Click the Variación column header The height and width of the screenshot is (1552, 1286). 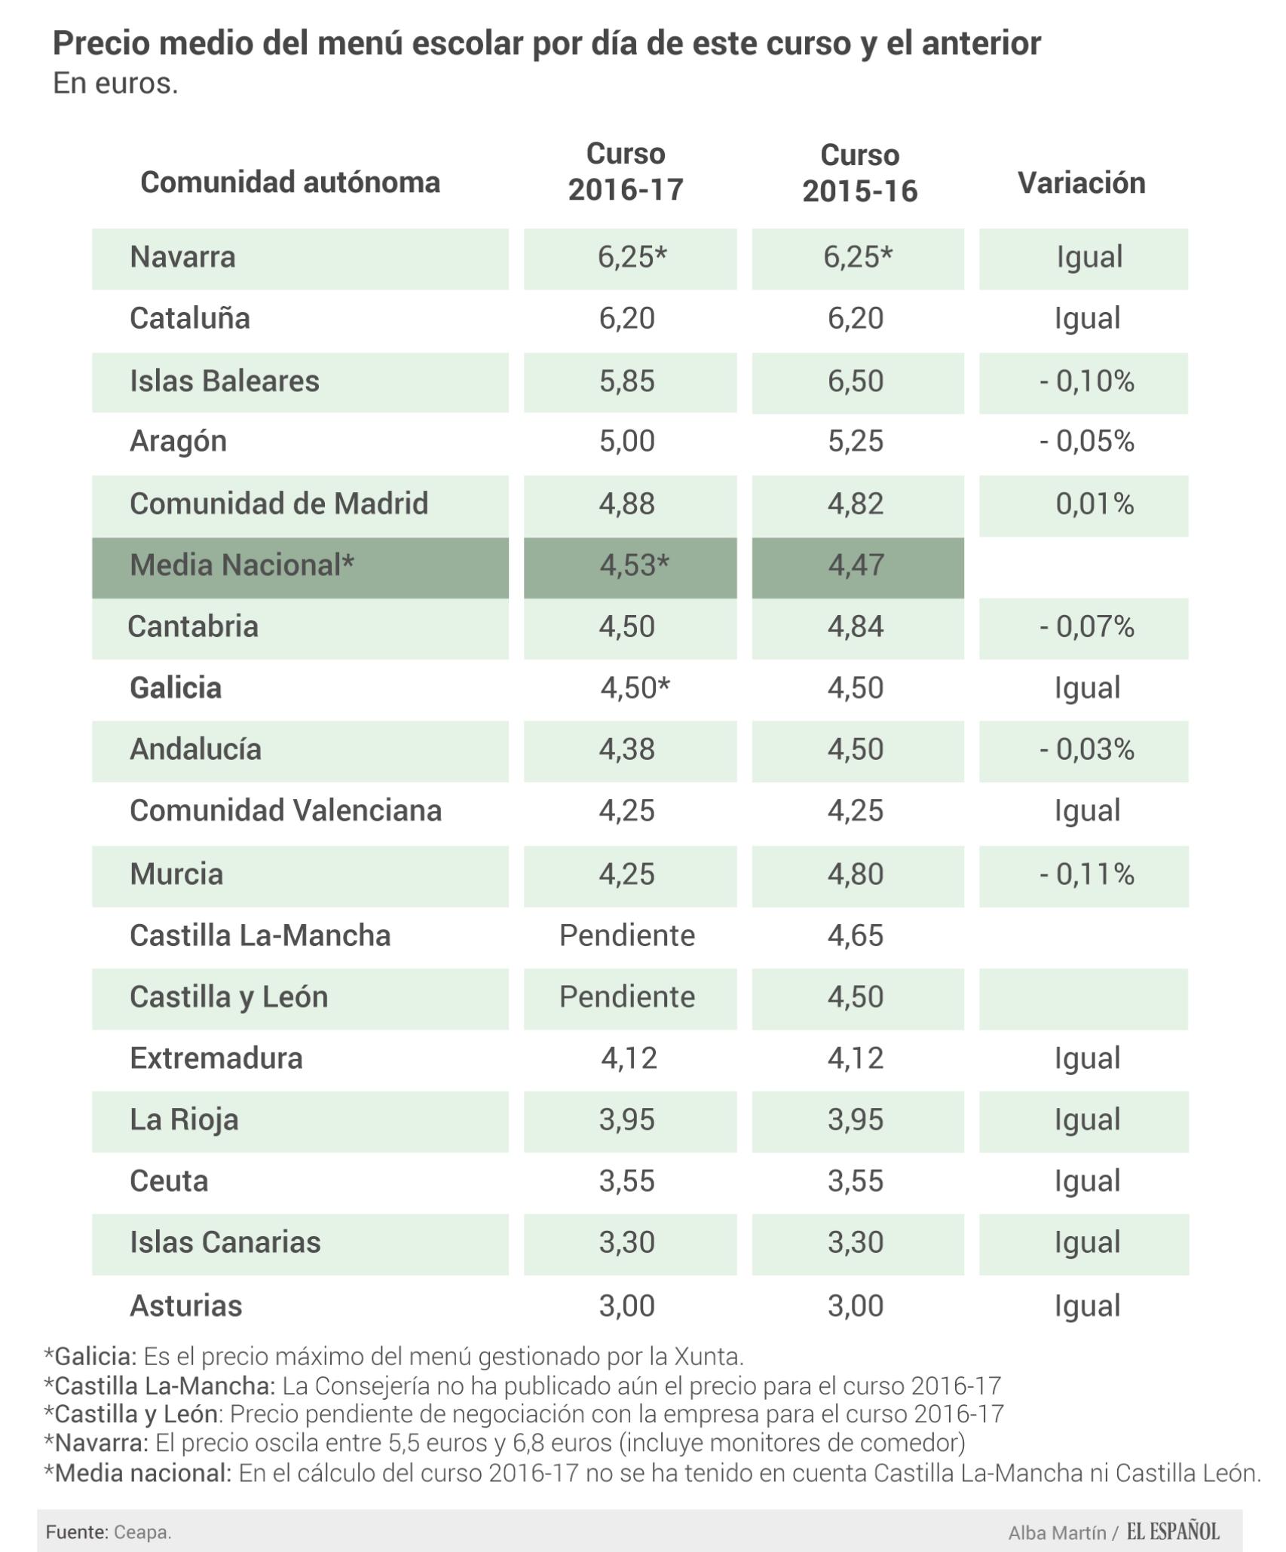tap(1081, 183)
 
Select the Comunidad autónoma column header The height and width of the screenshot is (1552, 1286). tap(290, 182)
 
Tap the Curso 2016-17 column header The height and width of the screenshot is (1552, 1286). tap(626, 172)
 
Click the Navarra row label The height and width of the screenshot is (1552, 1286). tap(182, 257)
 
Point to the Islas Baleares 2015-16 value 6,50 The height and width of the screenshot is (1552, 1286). tap(856, 381)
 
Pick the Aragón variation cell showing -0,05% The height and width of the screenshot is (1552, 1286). tap(1086, 441)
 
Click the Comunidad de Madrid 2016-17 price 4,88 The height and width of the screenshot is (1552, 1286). tap(627, 504)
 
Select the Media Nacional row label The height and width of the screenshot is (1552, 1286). tap(241, 565)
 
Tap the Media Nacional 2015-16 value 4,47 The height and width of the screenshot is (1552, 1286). tap(856, 565)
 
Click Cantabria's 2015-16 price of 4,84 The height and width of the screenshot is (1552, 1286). tap(856, 626)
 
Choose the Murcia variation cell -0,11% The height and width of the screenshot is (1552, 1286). tap(1086, 874)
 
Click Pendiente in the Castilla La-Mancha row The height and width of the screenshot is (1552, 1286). tap(627, 935)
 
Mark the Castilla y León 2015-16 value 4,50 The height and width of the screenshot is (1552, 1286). tap(856, 997)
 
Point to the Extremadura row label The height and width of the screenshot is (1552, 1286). tap(216, 1058)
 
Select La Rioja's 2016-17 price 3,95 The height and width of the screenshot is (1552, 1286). tap(627, 1120)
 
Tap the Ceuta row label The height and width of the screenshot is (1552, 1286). tap(169, 1181)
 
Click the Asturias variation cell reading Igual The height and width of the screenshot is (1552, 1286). tap(1087, 1306)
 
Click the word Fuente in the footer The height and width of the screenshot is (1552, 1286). tap(75, 1532)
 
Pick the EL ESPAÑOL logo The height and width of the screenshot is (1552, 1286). tap(1173, 1531)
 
